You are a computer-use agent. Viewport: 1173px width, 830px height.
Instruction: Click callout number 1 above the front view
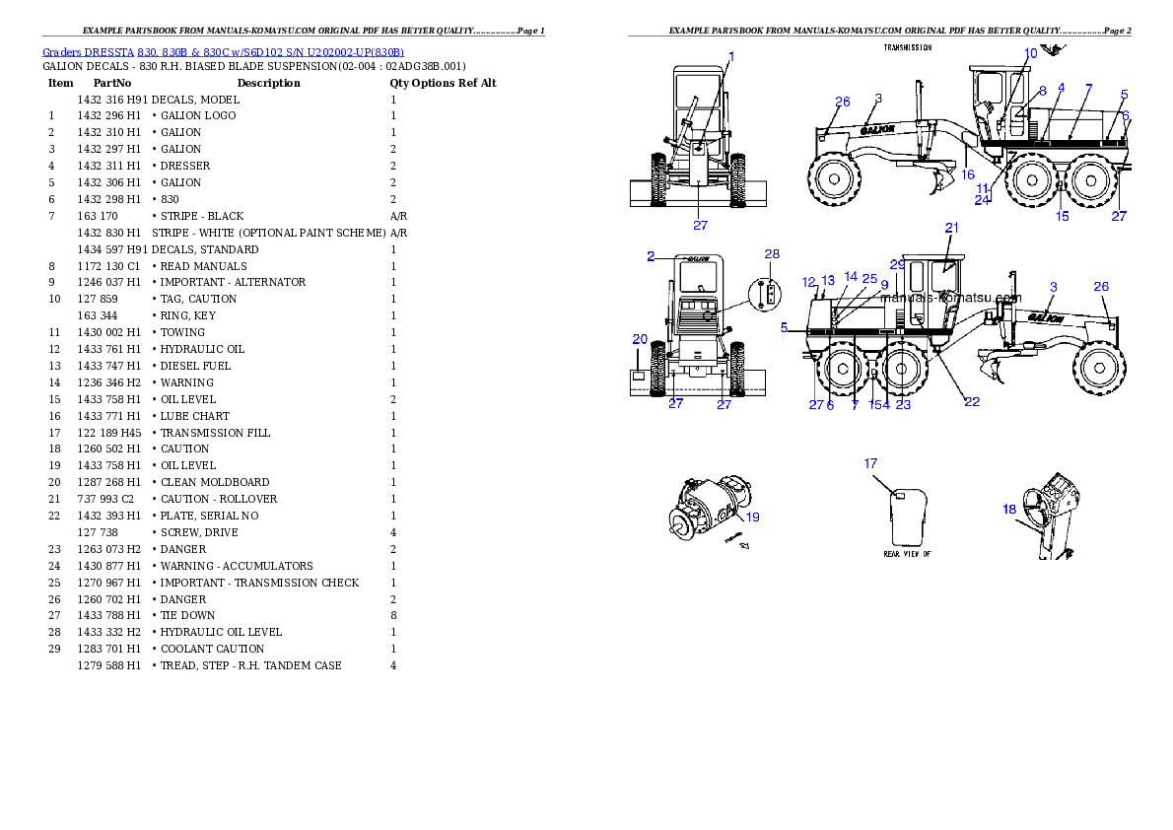click(731, 56)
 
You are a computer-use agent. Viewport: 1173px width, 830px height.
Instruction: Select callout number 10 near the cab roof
click(1030, 53)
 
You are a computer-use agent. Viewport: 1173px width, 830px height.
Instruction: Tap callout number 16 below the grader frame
click(968, 174)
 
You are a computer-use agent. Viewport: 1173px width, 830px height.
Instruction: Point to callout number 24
click(982, 199)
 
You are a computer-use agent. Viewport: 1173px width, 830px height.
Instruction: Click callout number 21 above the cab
click(951, 228)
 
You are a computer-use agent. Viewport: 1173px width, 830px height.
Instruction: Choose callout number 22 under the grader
click(972, 401)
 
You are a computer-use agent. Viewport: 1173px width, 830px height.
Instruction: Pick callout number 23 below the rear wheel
click(903, 404)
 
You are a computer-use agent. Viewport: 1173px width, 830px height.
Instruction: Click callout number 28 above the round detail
click(772, 254)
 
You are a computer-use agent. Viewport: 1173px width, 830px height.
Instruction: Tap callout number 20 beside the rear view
click(640, 339)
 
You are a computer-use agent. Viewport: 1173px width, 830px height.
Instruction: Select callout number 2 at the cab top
click(651, 256)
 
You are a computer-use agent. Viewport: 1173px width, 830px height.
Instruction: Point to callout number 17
click(870, 462)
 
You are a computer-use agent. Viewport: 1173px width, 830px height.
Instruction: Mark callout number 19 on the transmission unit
click(752, 516)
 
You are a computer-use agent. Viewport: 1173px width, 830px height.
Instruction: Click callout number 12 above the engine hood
click(808, 282)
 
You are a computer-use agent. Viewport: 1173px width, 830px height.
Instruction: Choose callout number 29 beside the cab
click(897, 264)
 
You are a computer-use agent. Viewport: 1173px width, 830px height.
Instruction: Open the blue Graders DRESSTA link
click(223, 51)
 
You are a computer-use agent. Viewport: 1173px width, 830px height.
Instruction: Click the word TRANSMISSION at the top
click(907, 47)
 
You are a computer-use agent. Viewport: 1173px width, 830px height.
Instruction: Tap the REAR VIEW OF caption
click(907, 554)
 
